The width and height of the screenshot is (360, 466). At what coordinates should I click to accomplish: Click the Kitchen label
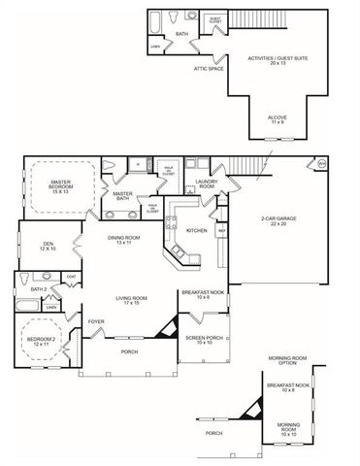point(196,230)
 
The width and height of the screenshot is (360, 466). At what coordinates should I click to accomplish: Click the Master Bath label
point(123,195)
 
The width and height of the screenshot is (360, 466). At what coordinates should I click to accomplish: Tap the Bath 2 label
point(39,289)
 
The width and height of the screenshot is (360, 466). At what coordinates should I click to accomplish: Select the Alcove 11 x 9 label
point(278,119)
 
